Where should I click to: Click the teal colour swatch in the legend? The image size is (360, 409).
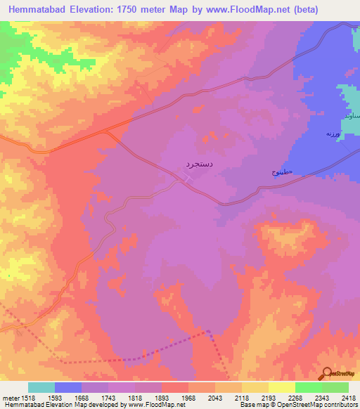coord(41,387)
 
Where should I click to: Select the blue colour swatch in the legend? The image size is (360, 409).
coord(68,387)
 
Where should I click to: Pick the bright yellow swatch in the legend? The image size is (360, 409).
coord(281,387)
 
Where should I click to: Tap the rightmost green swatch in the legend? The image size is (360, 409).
coord(335,387)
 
